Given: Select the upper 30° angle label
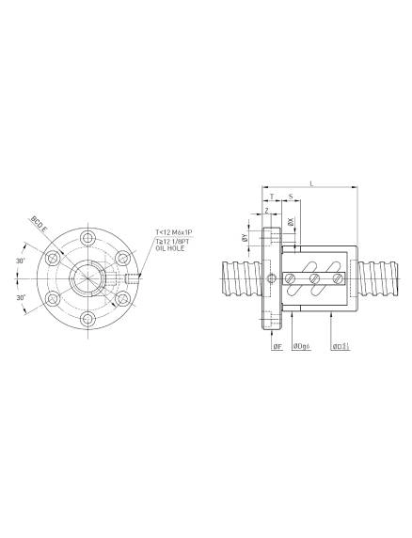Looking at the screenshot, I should pos(21,261).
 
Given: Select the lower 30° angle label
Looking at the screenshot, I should pos(21,296).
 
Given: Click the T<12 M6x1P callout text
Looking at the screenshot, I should pos(174,231).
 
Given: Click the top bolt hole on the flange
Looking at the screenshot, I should pos(87,236).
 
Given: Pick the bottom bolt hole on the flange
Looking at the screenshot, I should pos(87,321).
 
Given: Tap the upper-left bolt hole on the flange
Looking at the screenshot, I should pos(51,257).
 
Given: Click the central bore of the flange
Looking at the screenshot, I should pos(87,278).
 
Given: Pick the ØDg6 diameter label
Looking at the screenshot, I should pos(302,347).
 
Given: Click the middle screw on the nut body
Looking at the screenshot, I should pos(316,278).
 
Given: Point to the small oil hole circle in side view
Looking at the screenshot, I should pos(273,278).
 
